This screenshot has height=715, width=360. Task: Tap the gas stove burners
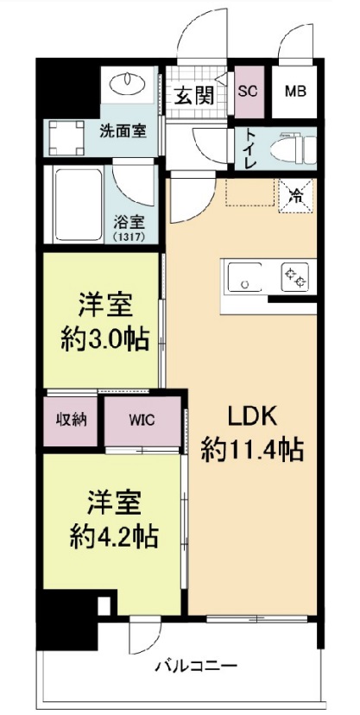point(294,276)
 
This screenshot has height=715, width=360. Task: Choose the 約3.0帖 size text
point(102,338)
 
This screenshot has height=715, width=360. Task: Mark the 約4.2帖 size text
point(113,535)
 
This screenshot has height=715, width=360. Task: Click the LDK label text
point(251,416)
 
